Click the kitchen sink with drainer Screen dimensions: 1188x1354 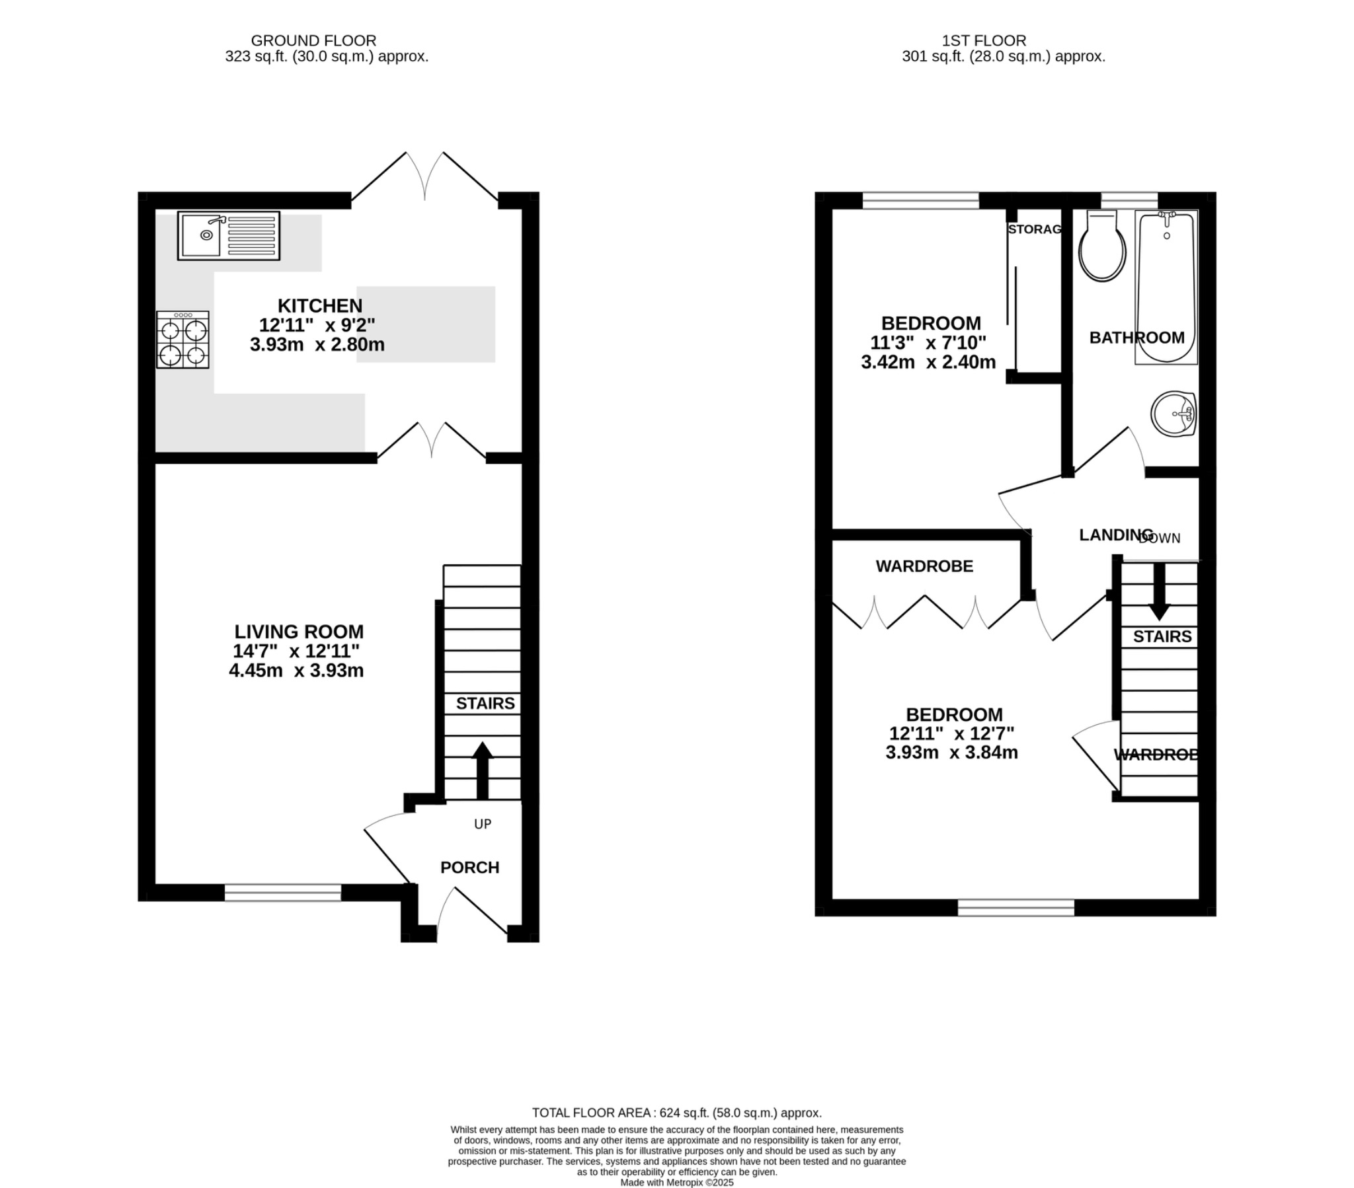coord(229,235)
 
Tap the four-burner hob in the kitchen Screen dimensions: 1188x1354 coord(183,340)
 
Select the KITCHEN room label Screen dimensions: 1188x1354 coord(320,306)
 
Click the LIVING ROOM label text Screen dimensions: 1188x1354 coord(299,631)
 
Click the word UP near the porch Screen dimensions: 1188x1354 coord(482,824)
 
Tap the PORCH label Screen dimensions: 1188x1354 coord(469,868)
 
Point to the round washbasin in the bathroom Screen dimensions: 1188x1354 coord(1173,414)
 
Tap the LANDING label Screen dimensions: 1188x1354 coord(1115,535)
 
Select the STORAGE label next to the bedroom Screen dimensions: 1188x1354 coord(1035,229)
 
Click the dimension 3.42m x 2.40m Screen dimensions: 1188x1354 coord(928,362)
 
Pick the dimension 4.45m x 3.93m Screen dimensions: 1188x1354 coord(296,671)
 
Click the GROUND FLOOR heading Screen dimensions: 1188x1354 coord(313,40)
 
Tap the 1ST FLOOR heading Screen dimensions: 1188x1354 coord(984,40)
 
